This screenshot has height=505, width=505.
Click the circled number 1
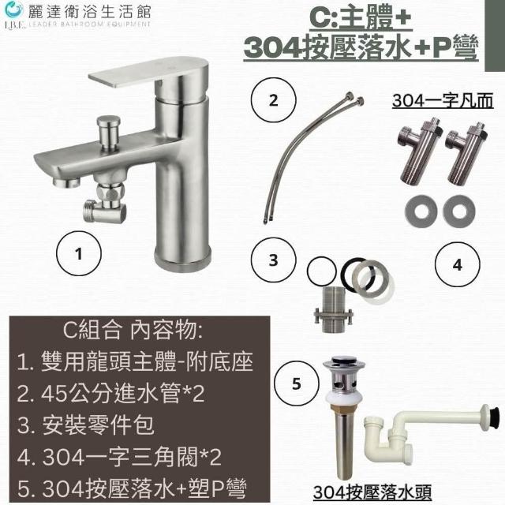(79, 253)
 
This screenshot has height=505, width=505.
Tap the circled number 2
(273, 100)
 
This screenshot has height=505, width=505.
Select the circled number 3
(273, 260)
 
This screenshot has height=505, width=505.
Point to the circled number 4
(457, 264)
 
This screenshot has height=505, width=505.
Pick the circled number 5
(297, 383)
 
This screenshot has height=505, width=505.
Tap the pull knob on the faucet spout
(109, 133)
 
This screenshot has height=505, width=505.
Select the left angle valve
(419, 151)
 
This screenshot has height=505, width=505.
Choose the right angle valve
(466, 154)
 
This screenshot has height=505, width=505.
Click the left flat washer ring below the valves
(421, 211)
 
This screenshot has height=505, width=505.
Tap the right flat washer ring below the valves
(459, 211)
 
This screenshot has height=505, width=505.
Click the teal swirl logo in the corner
(14, 10)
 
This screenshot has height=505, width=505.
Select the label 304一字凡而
(443, 100)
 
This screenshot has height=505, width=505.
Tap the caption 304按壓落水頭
(372, 492)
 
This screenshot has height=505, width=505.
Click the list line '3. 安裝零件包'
(86, 425)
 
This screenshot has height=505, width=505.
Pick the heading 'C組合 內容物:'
(133, 330)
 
